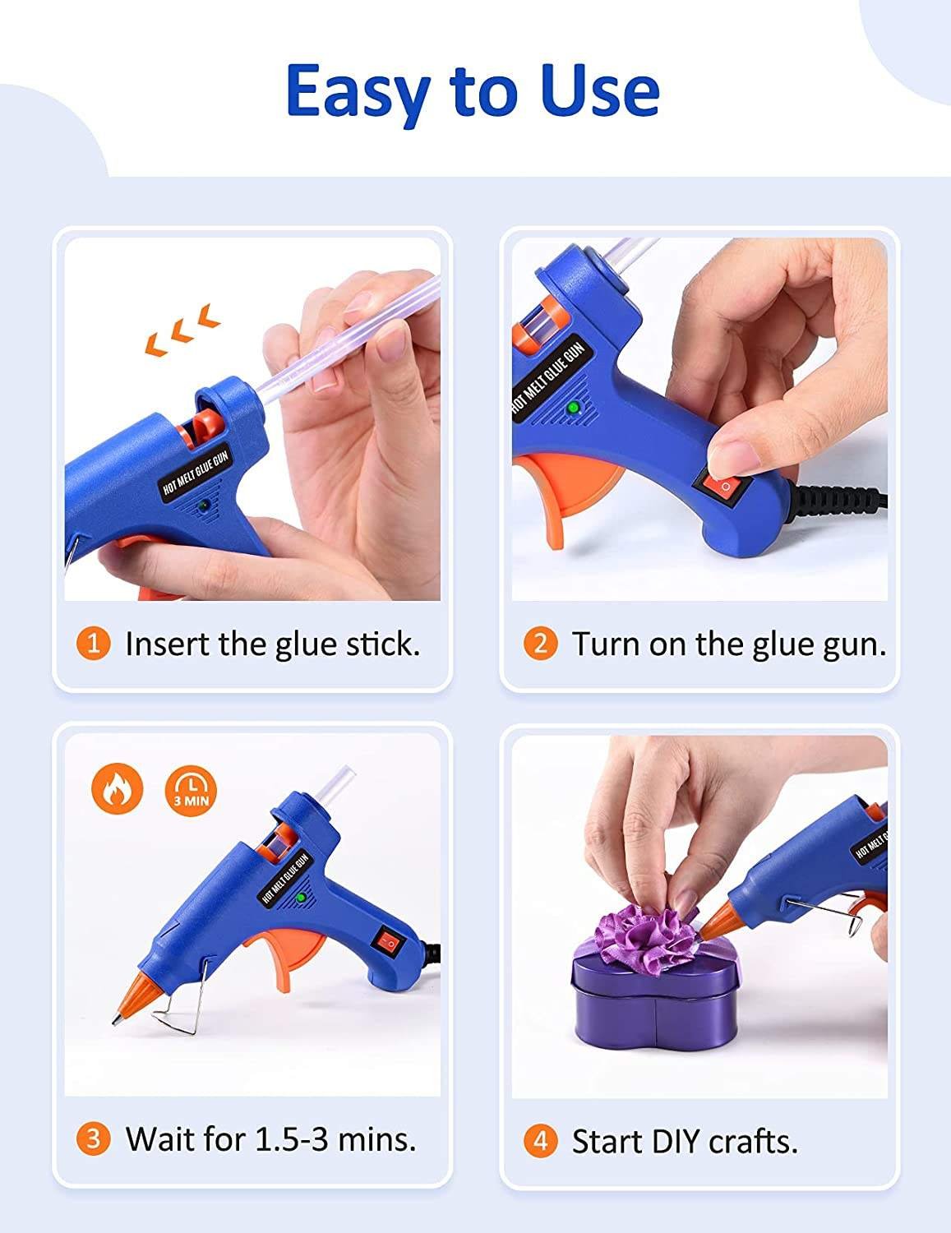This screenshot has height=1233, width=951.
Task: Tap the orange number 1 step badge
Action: [93, 644]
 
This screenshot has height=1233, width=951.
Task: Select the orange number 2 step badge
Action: [540, 644]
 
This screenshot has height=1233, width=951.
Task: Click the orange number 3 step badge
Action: [93, 1139]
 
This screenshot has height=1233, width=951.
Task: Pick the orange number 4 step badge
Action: [540, 1141]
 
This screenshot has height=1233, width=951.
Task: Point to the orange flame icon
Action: [118, 789]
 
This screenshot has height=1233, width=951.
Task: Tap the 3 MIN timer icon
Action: [192, 790]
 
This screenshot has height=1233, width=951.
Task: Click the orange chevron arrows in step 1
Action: [182, 330]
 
